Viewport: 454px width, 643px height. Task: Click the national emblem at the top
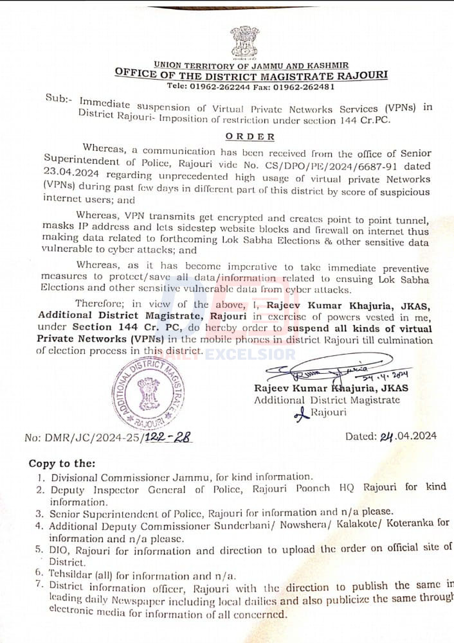click(x=245, y=42)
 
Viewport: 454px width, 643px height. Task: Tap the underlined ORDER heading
click(x=250, y=136)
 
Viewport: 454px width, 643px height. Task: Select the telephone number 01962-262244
click(x=225, y=86)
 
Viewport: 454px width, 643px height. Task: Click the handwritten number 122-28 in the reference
click(x=170, y=437)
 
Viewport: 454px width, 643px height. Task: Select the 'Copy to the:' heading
click(x=62, y=463)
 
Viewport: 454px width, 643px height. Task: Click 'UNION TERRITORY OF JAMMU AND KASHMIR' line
click(x=251, y=65)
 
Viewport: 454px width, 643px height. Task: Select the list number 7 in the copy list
click(x=39, y=585)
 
